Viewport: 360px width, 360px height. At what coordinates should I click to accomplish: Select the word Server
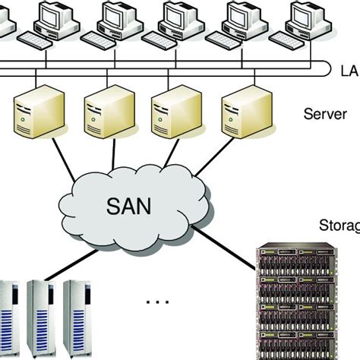(325, 115)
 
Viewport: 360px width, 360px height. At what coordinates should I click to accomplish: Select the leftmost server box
(36, 116)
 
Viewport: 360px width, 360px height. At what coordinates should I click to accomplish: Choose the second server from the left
(105, 116)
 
